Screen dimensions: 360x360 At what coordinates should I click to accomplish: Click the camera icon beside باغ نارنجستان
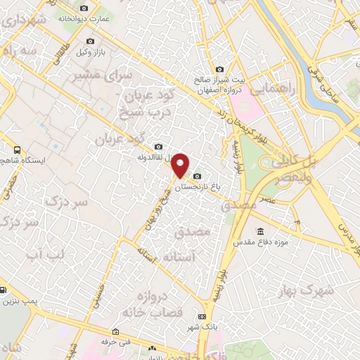click(197, 175)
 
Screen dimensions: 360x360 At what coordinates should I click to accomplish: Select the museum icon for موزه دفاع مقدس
click(261, 231)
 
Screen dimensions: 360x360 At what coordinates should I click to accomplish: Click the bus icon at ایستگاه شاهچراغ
click(17, 150)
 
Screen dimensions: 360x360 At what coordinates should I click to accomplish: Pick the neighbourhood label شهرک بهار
click(319, 291)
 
